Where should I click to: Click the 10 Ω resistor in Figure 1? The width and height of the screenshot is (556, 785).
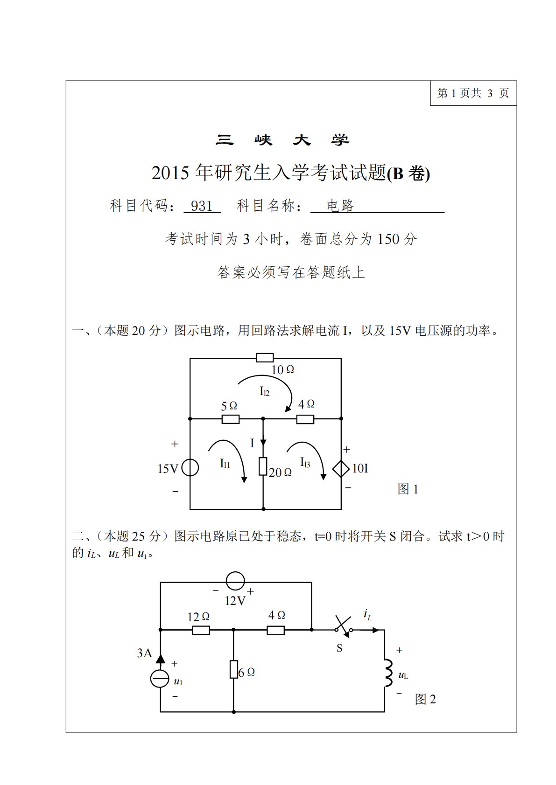[265, 358]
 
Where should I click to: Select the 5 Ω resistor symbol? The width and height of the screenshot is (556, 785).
[230, 419]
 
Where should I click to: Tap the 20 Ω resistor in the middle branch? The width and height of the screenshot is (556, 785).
[263, 466]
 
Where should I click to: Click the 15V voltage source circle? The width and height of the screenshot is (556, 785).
[190, 468]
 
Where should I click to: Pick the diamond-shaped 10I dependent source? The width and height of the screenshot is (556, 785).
[341, 468]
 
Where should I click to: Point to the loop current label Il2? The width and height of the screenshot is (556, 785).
[264, 392]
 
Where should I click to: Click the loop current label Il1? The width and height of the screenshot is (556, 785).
[225, 464]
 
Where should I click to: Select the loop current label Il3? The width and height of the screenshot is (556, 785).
[305, 463]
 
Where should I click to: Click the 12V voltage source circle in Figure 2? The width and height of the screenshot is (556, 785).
[235, 582]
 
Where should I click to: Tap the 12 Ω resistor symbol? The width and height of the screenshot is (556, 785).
[201, 631]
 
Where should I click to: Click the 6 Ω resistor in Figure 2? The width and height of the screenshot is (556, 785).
[234, 669]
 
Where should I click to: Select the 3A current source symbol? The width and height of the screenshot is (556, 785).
[160, 678]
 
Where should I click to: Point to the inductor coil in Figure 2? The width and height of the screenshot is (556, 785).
[387, 673]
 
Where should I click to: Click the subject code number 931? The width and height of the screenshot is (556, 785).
[202, 206]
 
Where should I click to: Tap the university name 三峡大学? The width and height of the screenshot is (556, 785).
[282, 140]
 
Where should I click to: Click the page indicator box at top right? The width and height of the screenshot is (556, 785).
[473, 93]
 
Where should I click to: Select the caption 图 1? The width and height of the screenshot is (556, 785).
[408, 489]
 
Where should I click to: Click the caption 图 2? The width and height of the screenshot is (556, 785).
[425, 699]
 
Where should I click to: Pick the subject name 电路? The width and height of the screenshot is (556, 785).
[340, 206]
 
